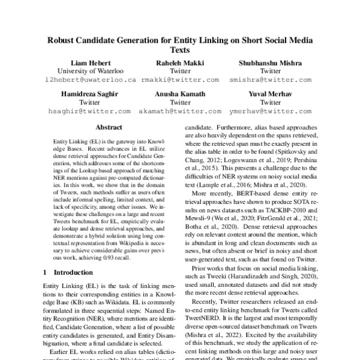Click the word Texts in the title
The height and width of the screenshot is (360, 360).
[180, 51]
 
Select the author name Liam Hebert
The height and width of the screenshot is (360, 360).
[91, 62]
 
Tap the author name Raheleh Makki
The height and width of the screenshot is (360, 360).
[179, 62]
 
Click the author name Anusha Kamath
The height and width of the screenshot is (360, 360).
[179, 94]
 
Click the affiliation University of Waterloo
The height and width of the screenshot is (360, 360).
[91, 71]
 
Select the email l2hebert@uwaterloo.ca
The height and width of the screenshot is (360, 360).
[91, 79]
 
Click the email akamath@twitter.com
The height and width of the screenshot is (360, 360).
[179, 111]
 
